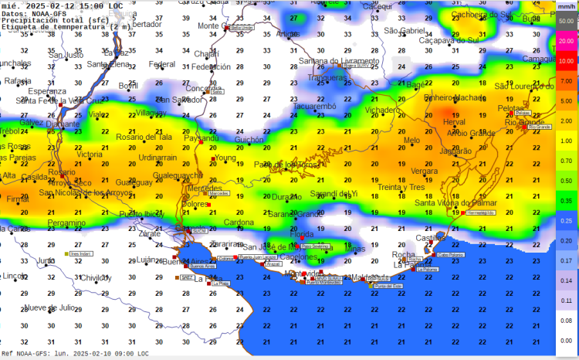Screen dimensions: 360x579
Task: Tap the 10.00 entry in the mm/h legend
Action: (x=566, y=60)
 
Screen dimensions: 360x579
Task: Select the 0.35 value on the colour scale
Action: (x=566, y=200)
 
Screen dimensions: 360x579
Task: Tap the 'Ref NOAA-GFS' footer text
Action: (x=80, y=354)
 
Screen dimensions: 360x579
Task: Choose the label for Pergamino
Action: (x=66, y=222)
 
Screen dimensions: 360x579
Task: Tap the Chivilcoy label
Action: (x=96, y=277)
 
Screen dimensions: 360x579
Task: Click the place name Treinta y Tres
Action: (x=401, y=188)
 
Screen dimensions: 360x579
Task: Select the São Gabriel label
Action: (x=405, y=30)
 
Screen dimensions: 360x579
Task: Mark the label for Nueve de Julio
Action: (x=50, y=307)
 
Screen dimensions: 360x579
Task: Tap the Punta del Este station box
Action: (x=388, y=286)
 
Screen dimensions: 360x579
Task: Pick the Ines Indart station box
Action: (x=80, y=253)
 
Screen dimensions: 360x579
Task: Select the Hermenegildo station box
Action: (x=480, y=212)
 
